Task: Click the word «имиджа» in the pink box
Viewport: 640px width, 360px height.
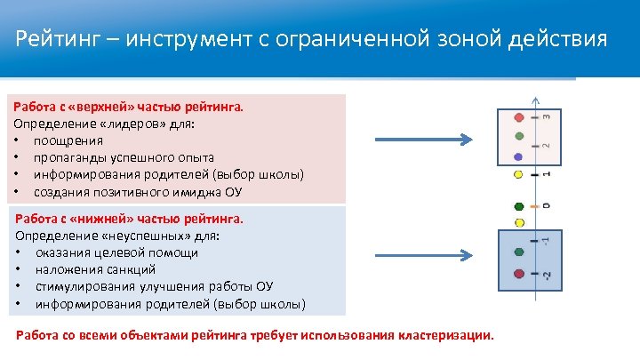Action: click(206, 192)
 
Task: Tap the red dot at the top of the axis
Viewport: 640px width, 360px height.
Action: click(519, 116)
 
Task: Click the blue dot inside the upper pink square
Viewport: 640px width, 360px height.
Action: click(519, 156)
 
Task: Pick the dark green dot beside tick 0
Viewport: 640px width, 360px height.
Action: click(519, 206)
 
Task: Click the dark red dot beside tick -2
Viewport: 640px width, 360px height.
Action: click(519, 272)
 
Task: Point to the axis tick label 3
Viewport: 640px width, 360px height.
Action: click(546, 116)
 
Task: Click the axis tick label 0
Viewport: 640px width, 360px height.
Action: click(546, 206)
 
